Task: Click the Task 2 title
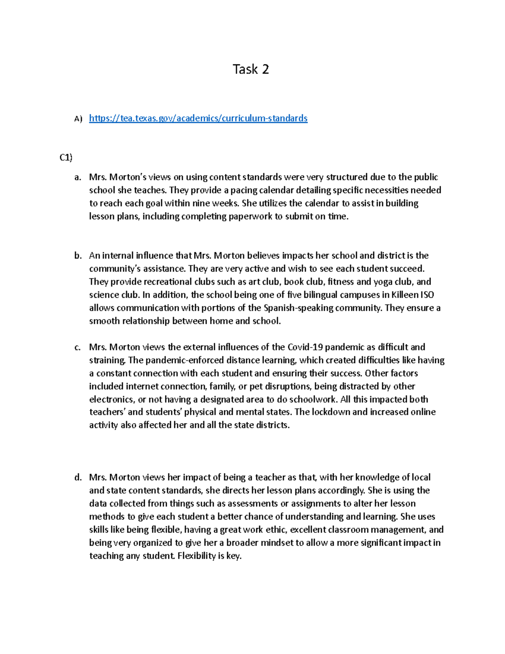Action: [251, 69]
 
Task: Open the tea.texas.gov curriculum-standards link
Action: [198, 118]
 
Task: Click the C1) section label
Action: [66, 157]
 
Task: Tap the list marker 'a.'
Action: [77, 177]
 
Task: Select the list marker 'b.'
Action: [77, 256]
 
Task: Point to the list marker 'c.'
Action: [77, 347]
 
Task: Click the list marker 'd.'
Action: [77, 478]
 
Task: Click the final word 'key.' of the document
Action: [234, 556]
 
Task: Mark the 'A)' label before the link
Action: [78, 119]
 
